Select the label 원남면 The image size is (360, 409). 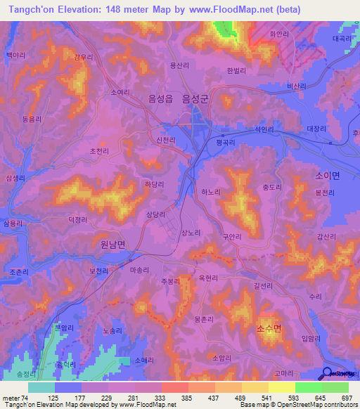tap(108, 245)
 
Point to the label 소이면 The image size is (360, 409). tap(327, 176)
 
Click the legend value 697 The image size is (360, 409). tap(346, 398)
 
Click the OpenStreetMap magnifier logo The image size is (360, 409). tap(327, 374)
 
